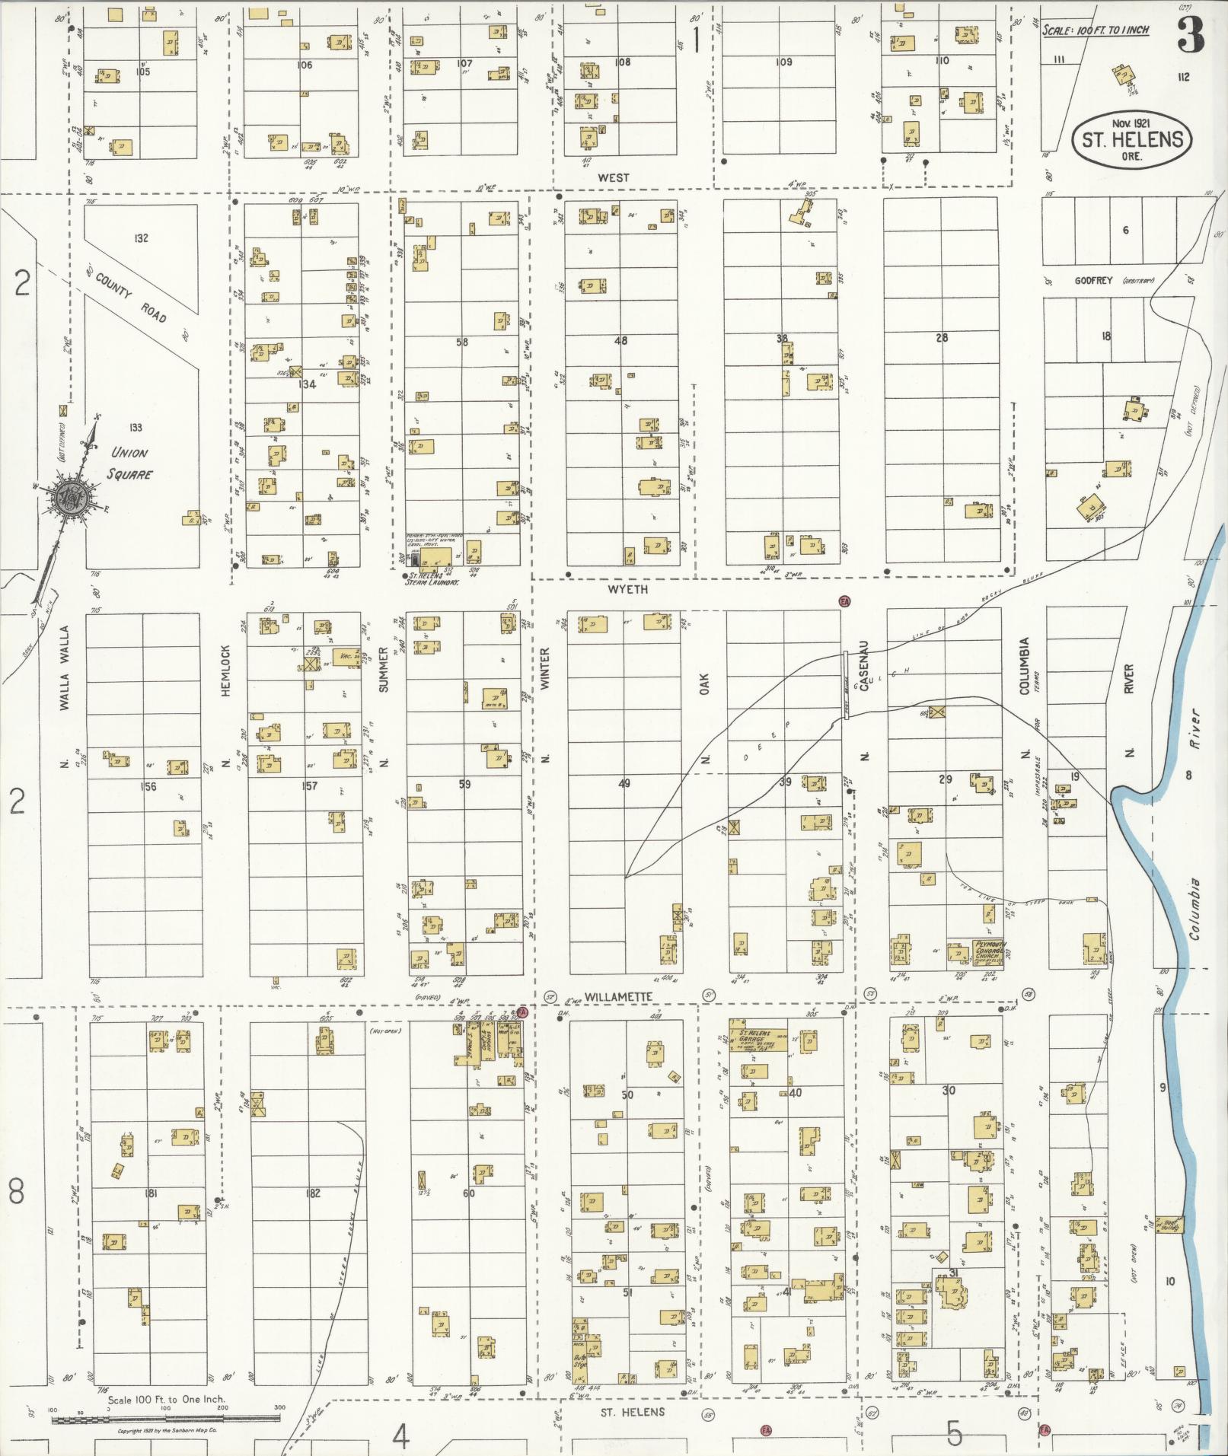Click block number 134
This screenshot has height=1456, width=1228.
click(x=307, y=384)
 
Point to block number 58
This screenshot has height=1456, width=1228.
click(x=462, y=342)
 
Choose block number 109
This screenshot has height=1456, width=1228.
click(x=783, y=62)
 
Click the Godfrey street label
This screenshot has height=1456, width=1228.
click(x=1093, y=280)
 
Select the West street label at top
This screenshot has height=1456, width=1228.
click(x=614, y=177)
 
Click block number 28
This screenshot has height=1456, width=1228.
click(x=942, y=337)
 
